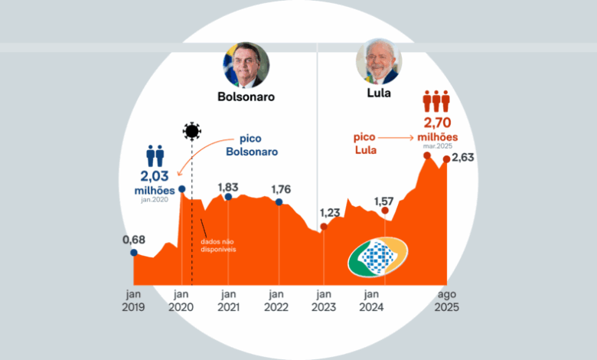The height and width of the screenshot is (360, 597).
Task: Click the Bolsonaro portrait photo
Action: tap(246, 64)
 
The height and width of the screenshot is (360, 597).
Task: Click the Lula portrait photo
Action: tap(378, 61)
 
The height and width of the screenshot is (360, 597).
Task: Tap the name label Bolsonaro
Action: tap(246, 97)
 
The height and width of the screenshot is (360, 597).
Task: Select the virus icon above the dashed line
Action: tap(191, 131)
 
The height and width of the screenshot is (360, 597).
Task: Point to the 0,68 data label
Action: tap(134, 240)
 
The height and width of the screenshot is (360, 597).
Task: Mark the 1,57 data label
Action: tap(384, 201)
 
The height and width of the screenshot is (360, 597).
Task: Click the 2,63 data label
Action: tap(463, 159)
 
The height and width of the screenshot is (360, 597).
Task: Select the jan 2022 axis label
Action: tap(277, 300)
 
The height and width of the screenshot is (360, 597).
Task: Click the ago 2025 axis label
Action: tap(448, 300)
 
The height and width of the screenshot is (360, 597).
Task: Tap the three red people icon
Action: tap(437, 102)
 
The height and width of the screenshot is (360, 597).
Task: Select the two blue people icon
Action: tap(155, 156)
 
